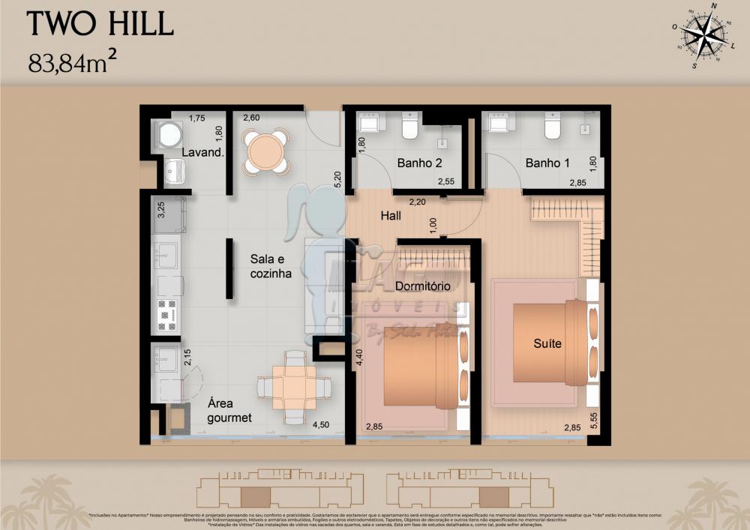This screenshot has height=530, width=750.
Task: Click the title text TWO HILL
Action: [x=100, y=24]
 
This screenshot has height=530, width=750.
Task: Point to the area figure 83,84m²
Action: [x=76, y=61]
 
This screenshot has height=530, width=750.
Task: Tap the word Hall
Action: [x=390, y=216]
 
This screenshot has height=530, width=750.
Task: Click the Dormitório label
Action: [x=421, y=286]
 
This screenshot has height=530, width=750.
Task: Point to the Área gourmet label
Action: [x=229, y=410]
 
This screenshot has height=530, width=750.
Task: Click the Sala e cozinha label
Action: [x=271, y=266]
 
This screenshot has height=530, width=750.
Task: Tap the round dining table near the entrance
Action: [x=265, y=151]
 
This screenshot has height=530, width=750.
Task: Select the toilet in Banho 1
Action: [x=553, y=129]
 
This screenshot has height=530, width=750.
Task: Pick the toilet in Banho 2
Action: [x=409, y=129]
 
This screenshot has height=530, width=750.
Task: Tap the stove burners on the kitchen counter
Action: [x=167, y=315]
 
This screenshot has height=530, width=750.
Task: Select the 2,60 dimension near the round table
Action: [x=251, y=118]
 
